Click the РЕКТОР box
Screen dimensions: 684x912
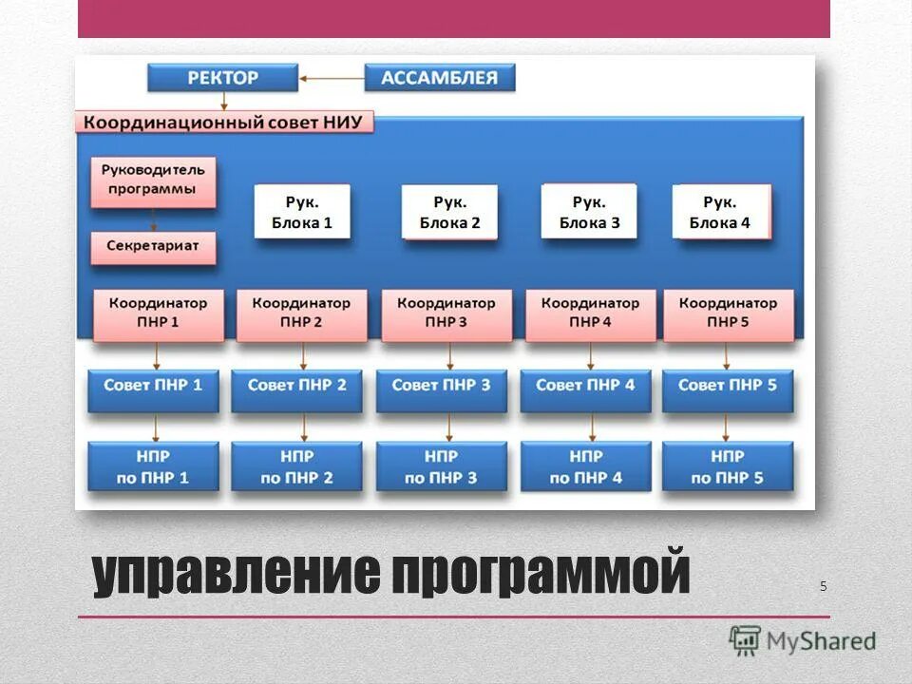[223, 78]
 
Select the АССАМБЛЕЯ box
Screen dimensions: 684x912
[439, 78]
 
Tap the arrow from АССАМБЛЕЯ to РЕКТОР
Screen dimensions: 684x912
[332, 78]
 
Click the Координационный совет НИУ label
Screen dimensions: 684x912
[224, 123]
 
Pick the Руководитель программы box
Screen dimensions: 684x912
[153, 180]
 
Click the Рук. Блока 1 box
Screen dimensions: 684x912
[302, 212]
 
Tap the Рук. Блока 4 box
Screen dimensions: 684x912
[719, 212]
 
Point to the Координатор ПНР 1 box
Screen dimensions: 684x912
[158, 313]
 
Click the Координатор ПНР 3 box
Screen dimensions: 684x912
[446, 313]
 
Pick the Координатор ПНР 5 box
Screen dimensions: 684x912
[728, 313]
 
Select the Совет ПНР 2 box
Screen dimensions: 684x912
[296, 387]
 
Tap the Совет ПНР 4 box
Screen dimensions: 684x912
[585, 387]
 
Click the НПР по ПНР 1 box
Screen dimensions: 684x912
[152, 466]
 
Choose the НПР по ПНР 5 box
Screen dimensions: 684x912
[728, 466]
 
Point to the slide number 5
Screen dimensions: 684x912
[824, 586]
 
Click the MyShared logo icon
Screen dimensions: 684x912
[746, 639]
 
